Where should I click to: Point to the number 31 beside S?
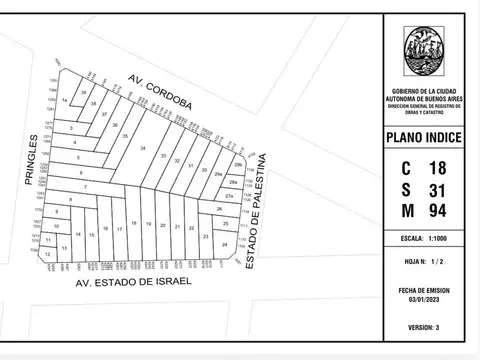click(x=437, y=189)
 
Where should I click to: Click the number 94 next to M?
click(x=437, y=211)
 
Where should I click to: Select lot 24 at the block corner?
click(x=225, y=244)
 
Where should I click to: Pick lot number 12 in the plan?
click(x=47, y=255)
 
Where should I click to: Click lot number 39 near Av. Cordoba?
click(x=84, y=92)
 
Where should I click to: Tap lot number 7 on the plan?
click(x=85, y=187)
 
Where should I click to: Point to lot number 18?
click(x=133, y=223)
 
